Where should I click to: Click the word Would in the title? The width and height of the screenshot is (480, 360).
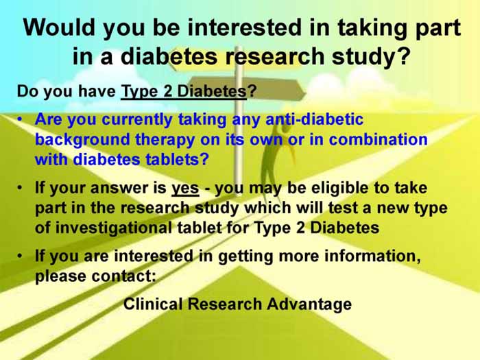tap(59, 27)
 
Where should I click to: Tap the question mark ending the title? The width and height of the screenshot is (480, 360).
tap(403, 56)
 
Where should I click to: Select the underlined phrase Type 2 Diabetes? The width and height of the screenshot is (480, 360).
tap(184, 92)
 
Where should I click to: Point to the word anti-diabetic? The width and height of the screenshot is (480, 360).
tap(314, 119)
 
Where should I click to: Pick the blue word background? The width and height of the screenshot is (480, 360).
tap(83, 140)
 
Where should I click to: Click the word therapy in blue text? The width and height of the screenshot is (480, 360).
tap(165, 140)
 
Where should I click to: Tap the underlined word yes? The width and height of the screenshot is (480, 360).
tap(185, 189)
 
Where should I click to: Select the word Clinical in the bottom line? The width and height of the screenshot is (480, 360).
tap(153, 304)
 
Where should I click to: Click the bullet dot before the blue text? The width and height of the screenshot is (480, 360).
tap(20, 119)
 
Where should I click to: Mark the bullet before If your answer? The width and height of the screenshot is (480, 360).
tap(20, 188)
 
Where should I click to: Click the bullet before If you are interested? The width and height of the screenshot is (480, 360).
tap(20, 256)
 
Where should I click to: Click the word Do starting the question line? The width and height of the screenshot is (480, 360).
tap(28, 91)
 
